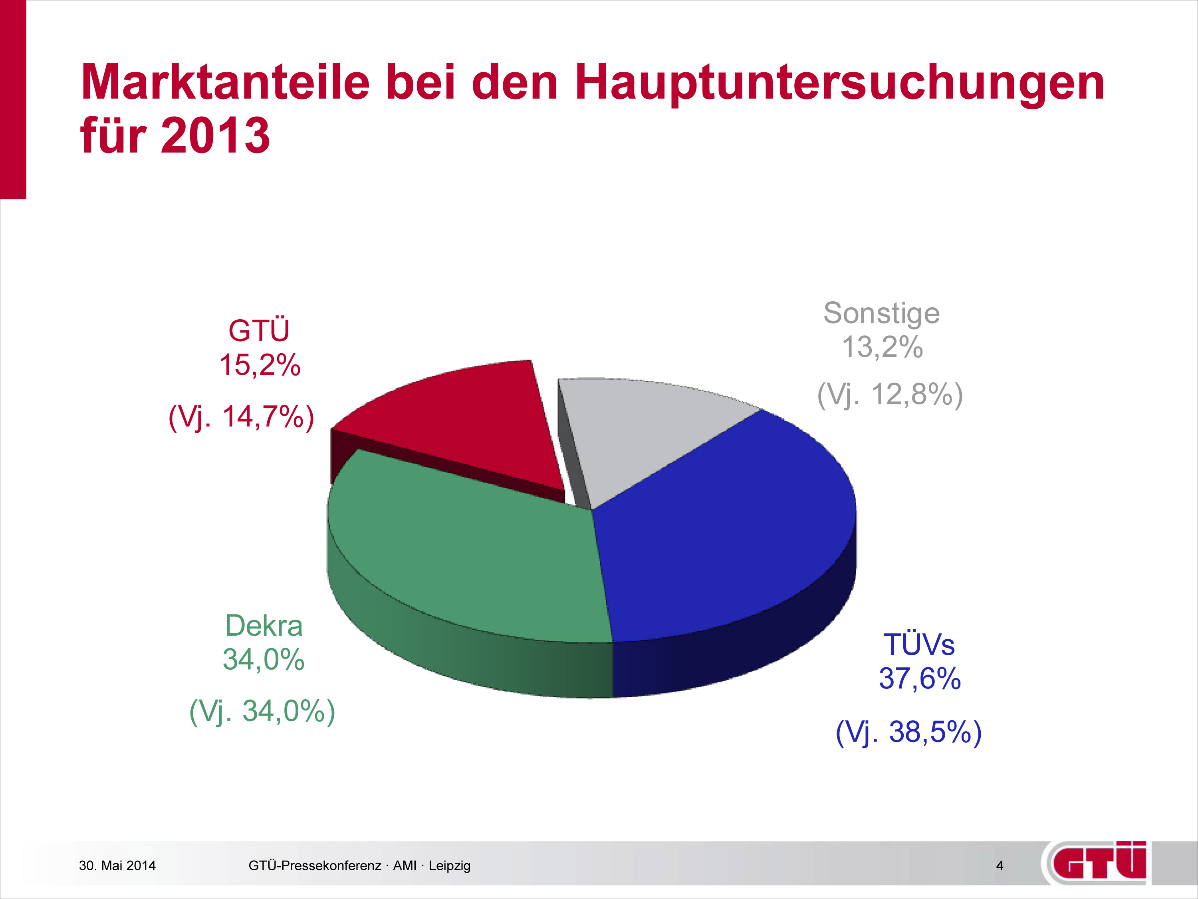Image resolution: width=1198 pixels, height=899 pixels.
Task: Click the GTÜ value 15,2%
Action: click(260, 365)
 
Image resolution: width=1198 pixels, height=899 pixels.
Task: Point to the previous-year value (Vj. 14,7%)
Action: click(241, 417)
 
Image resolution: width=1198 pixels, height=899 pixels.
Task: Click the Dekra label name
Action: click(264, 626)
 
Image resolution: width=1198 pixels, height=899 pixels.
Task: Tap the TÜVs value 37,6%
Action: click(920, 678)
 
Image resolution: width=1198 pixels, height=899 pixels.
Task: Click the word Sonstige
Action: click(881, 314)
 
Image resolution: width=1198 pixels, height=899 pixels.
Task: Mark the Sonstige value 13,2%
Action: click(882, 347)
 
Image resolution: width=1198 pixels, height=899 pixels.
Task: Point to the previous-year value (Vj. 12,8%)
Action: click(890, 394)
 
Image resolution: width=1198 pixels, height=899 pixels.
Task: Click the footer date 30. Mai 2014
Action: click(117, 866)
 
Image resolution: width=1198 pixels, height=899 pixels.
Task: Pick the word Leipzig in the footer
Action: click(450, 866)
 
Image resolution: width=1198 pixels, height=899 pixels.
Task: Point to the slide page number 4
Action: click(1000, 866)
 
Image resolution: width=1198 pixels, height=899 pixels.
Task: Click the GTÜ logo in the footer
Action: click(1097, 863)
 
